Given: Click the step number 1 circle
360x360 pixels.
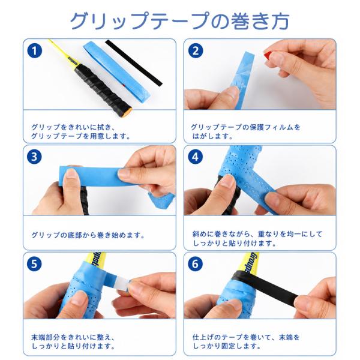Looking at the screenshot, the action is [x=34, y=51].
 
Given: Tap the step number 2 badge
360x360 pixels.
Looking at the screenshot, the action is [x=196, y=51].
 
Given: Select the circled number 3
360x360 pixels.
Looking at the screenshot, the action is [x=34, y=157].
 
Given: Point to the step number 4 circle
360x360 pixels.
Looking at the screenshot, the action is [x=196, y=157].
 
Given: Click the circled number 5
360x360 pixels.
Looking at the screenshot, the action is [x=34, y=264].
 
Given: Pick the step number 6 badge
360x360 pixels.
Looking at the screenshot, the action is [x=196, y=264].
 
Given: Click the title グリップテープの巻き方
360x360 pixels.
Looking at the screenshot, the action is [x=179, y=21].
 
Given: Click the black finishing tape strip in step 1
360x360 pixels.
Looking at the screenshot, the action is [x=134, y=63].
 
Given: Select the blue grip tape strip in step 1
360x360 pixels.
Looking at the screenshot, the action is [x=118, y=70].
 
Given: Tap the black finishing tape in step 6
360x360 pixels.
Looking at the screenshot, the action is [x=266, y=284].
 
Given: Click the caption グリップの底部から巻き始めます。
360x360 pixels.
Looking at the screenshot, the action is [x=88, y=235].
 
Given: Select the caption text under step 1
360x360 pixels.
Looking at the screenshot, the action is [x=80, y=132].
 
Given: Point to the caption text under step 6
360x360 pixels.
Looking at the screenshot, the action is [x=246, y=342].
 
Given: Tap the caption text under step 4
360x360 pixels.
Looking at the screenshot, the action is [x=257, y=239].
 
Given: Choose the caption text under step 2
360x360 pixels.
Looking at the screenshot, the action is [x=245, y=132].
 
